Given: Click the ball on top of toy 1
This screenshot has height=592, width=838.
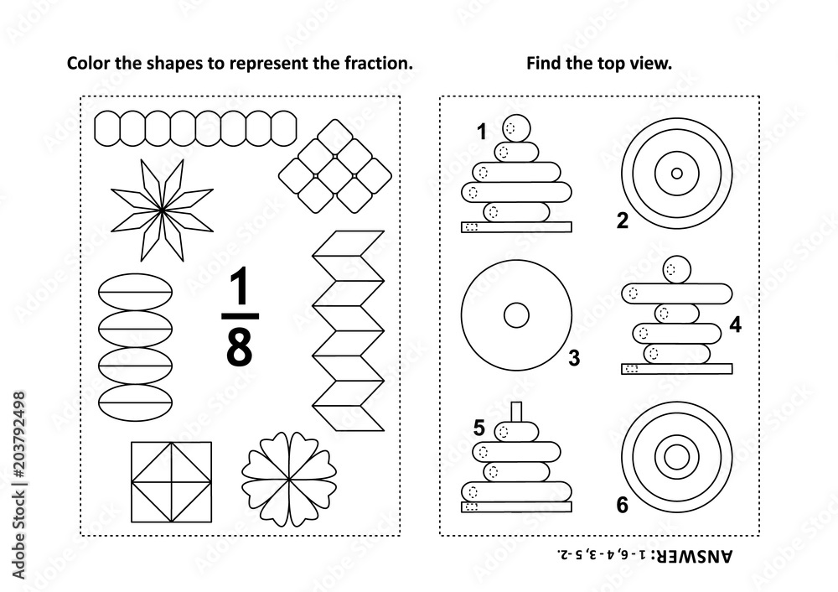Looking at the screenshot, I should [x=517, y=127].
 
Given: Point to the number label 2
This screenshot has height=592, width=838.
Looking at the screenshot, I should [x=622, y=221].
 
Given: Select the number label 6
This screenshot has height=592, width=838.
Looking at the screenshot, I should [x=622, y=504].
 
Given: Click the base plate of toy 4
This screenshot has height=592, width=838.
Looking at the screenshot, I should [x=676, y=368].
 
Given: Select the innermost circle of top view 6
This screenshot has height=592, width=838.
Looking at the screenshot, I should [x=675, y=457].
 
